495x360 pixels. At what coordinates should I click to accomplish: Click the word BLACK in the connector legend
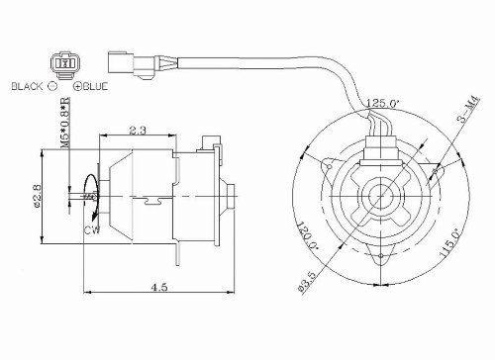[x=26, y=86]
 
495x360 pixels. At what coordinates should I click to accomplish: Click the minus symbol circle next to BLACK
[x=52, y=86]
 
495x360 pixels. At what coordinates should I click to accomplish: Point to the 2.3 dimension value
[x=138, y=130]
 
